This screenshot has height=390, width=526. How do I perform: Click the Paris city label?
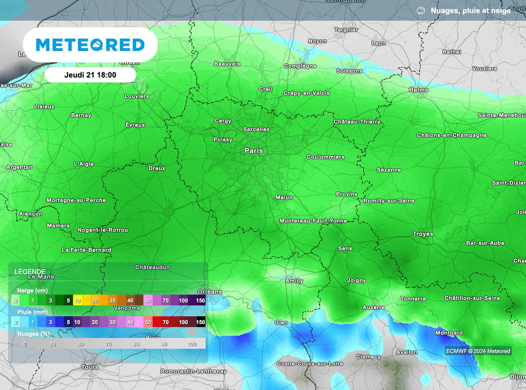(x=253, y=151)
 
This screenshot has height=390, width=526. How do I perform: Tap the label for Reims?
(x=418, y=90)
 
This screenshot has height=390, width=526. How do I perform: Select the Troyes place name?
(x=423, y=234)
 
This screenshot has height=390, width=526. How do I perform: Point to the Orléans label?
(x=209, y=291)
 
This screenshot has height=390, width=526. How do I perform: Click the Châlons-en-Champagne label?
(x=452, y=135)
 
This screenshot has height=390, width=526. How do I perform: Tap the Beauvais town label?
(x=227, y=64)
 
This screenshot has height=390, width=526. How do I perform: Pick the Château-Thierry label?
(x=357, y=122)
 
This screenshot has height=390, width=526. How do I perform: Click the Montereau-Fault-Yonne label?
(x=313, y=220)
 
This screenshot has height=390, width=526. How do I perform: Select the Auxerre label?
(x=373, y=307)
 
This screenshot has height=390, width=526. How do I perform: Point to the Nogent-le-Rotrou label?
(x=103, y=230)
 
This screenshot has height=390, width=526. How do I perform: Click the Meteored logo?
(x=90, y=45)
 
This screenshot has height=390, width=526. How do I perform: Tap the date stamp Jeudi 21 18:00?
(x=90, y=75)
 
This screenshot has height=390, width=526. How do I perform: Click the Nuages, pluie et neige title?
(x=471, y=10)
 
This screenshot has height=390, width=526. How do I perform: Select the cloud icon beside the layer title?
(x=421, y=10)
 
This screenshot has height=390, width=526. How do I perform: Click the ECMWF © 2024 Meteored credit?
(x=478, y=351)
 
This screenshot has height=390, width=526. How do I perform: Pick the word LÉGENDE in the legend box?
(x=30, y=271)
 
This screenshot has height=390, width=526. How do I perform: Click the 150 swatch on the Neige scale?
(x=200, y=300)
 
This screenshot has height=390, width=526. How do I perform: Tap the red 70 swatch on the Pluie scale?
(x=165, y=322)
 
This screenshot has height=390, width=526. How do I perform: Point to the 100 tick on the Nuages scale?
(x=193, y=343)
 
